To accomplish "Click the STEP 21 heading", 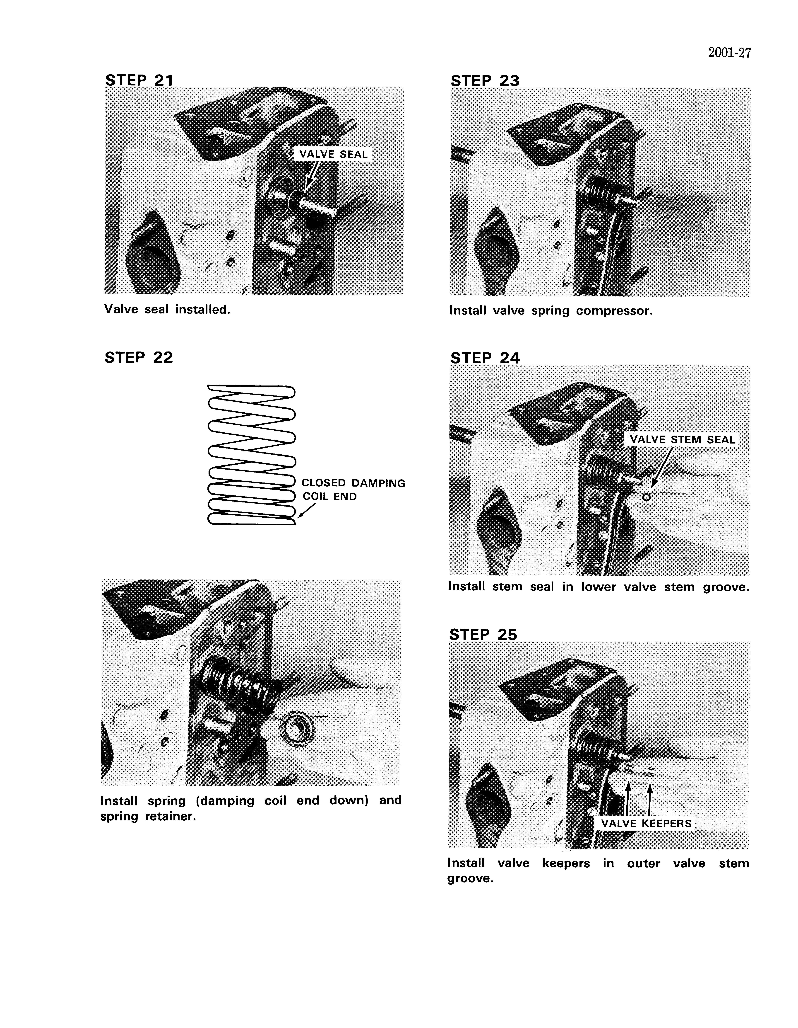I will [x=139, y=80].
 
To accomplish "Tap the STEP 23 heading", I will [x=485, y=81].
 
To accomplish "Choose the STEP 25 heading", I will [x=483, y=635].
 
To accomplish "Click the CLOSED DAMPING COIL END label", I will [x=353, y=490].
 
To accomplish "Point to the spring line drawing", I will [x=251, y=455].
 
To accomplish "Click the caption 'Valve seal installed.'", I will [x=167, y=310].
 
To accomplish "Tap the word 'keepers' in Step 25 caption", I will [x=566, y=863].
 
